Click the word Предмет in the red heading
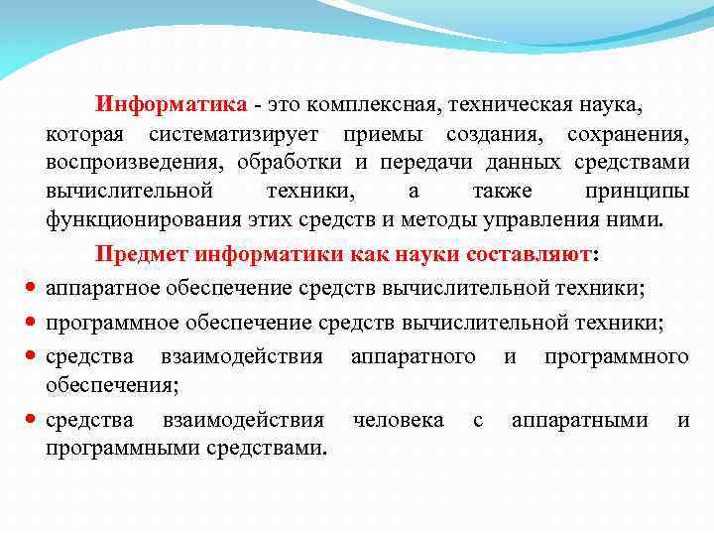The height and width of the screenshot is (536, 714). coord(143,254)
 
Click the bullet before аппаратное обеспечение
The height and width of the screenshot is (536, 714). coord(31,289)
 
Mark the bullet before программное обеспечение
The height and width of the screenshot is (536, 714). coord(31,323)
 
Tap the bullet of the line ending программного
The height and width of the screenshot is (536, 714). coord(31,356)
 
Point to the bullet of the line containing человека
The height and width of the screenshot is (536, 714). coord(31,421)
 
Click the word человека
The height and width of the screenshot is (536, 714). coord(399,421)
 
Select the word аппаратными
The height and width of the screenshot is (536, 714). coord(579,421)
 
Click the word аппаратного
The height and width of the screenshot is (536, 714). coord(413,356)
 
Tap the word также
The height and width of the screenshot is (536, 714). coord(503,191)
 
